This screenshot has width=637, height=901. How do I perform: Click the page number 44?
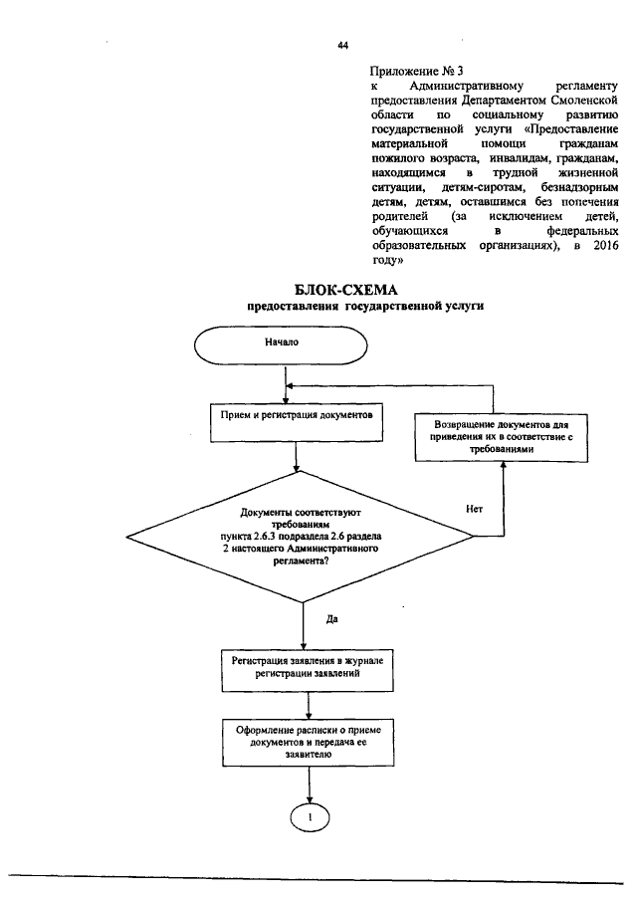click(343, 46)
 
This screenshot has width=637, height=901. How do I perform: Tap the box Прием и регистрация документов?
click(298, 420)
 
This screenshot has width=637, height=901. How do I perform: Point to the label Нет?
click(474, 509)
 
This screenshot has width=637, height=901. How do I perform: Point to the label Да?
click(332, 618)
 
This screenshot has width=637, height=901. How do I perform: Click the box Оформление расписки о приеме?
click(310, 743)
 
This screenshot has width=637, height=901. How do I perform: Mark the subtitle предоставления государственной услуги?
click(365, 308)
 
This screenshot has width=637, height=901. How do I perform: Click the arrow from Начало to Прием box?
click(286, 383)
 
